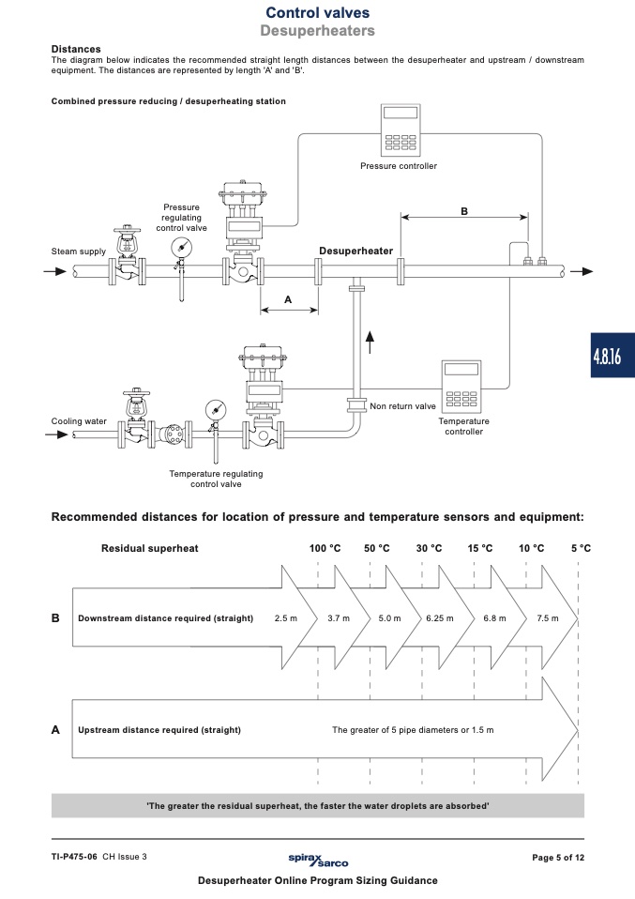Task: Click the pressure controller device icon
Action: tap(401, 130)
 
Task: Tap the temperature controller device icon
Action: tap(461, 387)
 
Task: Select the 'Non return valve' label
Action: tap(402, 406)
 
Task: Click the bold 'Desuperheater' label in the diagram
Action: tap(355, 251)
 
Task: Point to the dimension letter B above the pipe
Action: tap(464, 211)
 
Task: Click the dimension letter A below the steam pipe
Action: tap(288, 299)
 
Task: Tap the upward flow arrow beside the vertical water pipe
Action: tap(370, 342)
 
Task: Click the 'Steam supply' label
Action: tap(79, 251)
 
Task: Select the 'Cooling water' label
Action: tap(79, 421)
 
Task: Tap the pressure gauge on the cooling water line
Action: tap(216, 410)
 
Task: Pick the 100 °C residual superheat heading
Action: tap(325, 548)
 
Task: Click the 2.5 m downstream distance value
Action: tap(286, 618)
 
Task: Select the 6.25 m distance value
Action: tap(440, 618)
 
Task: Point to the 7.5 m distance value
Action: tap(548, 618)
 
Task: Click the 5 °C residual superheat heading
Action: tap(581, 548)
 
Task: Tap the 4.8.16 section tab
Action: tap(612, 356)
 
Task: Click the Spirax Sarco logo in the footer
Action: tap(318, 860)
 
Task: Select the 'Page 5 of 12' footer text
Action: tap(558, 857)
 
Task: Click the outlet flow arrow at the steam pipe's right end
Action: tap(582, 271)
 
